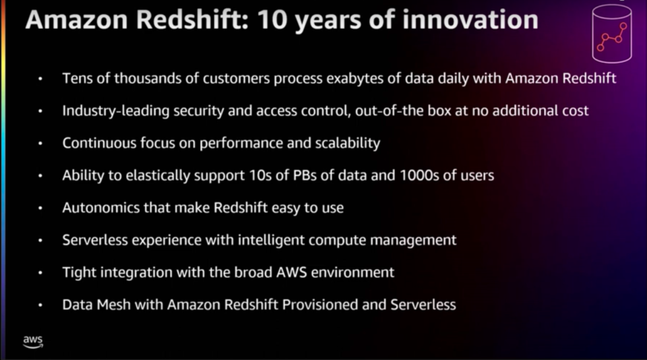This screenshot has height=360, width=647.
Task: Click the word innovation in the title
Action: pyautogui.click(x=470, y=20)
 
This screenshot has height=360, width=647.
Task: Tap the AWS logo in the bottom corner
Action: pyautogui.click(x=32, y=342)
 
